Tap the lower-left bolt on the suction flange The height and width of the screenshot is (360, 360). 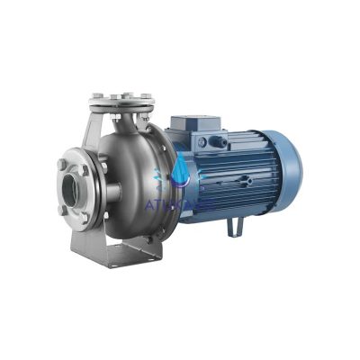(x=63, y=210)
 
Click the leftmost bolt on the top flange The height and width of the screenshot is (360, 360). (x=95, y=94)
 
